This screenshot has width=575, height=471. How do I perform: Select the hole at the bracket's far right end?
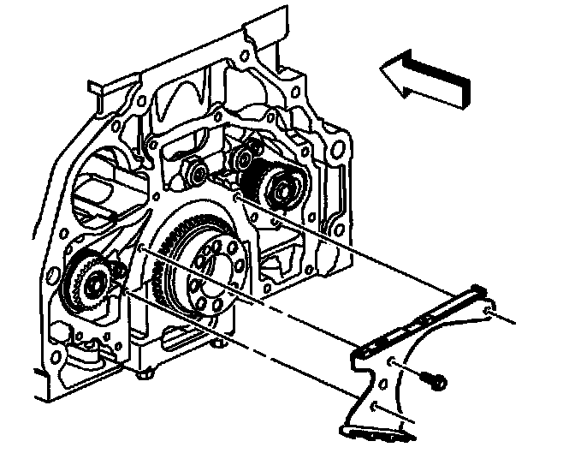[x=487, y=309]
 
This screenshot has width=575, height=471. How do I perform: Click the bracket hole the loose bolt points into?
[x=393, y=366]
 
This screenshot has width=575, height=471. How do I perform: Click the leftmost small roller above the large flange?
[x=196, y=173]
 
